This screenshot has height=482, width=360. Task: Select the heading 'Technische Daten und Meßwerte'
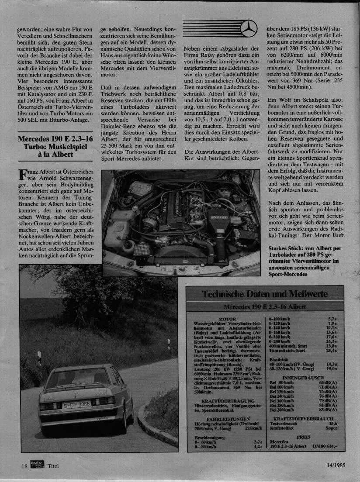coord(265,294)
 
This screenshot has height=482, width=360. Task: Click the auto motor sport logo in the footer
coord(37,465)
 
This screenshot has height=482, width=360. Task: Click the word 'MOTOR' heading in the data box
coord(227,319)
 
